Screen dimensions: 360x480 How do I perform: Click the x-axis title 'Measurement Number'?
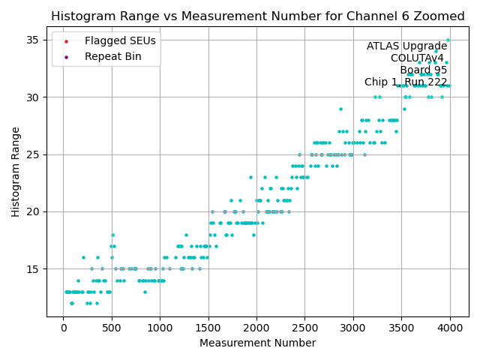(257, 343)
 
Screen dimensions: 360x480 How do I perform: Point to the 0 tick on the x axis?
(63, 328)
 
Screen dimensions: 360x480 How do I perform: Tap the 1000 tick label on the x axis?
(160, 328)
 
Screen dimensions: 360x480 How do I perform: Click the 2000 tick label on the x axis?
(256, 328)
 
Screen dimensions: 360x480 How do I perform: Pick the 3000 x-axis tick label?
(353, 328)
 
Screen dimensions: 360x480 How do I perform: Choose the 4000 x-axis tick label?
(450, 328)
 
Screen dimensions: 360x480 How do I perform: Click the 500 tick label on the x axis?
(112, 328)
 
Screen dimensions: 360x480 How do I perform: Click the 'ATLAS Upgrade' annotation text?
(406, 46)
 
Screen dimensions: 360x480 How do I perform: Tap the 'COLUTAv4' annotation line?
(417, 58)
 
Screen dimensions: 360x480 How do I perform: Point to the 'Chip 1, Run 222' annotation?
(406, 82)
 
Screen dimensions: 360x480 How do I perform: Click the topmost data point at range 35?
(448, 40)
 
